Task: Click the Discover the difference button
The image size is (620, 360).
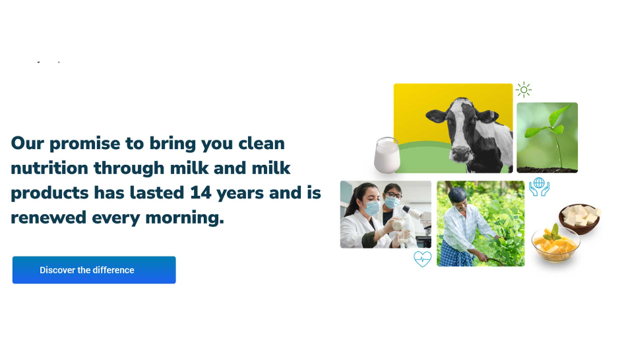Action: pyautogui.click(x=94, y=270)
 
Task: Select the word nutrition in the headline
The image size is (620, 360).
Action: pyautogui.click(x=49, y=168)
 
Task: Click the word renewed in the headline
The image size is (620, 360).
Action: pyautogui.click(x=49, y=218)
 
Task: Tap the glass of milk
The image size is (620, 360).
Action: pyautogui.click(x=387, y=156)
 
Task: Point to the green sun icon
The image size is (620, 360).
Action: pyautogui.click(x=524, y=90)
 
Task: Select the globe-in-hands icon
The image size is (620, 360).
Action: pyautogui.click(x=540, y=187)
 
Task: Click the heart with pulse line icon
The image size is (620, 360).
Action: pyautogui.click(x=422, y=259)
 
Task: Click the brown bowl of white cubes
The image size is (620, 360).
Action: pyautogui.click(x=580, y=218)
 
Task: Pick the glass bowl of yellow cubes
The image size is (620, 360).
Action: pyautogui.click(x=555, y=243)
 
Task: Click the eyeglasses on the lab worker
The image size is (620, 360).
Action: pyautogui.click(x=392, y=195)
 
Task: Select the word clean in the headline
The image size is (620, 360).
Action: pyautogui.click(x=261, y=144)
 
